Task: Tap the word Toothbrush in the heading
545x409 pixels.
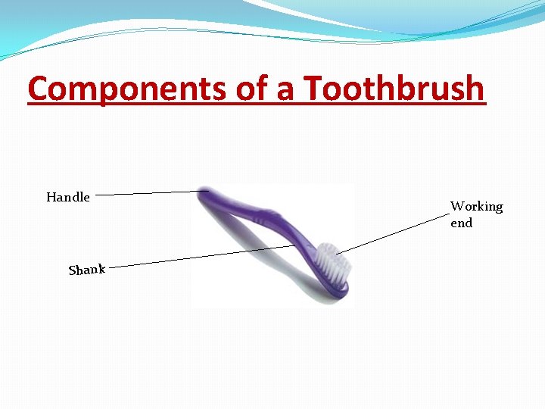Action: pyautogui.click(x=394, y=89)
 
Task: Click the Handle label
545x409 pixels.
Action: pyautogui.click(x=68, y=197)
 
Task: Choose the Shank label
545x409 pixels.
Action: pyautogui.click(x=86, y=269)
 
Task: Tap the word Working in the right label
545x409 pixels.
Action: pyautogui.click(x=476, y=206)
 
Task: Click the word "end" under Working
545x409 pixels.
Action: pyautogui.click(x=461, y=223)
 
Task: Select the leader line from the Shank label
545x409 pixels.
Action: pyautogui.click(x=197, y=256)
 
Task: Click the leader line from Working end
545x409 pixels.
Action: pyautogui.click(x=394, y=233)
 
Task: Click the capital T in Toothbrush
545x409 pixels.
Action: pyautogui.click(x=313, y=89)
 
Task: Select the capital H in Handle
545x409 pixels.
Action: pyautogui.click(x=51, y=197)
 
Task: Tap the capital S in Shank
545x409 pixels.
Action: pyautogui.click(x=72, y=270)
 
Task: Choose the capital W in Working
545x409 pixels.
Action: pyautogui.click(x=457, y=206)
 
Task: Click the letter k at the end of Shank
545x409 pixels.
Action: pyautogui.click(x=101, y=267)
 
